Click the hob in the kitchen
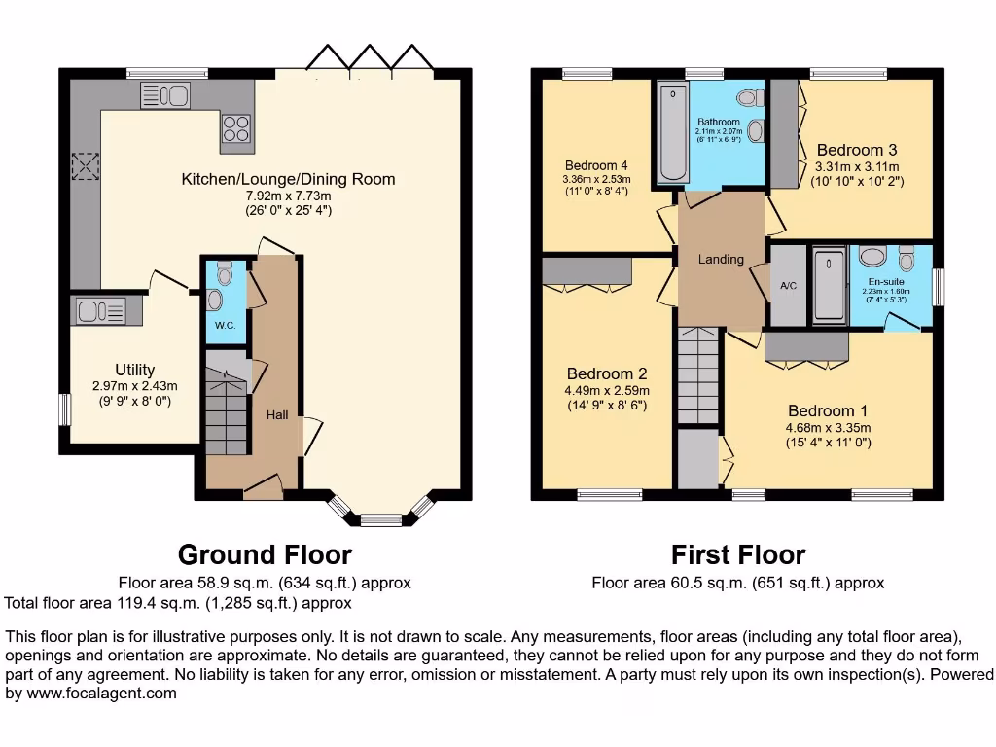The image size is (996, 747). click(235, 128)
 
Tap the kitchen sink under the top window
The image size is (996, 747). click(165, 95)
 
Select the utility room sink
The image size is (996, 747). click(95, 311)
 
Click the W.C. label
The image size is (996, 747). click(225, 325)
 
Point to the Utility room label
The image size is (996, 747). click(134, 370)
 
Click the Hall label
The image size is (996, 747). click(277, 415)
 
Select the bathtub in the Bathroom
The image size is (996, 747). click(672, 134)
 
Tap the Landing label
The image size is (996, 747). click(721, 259)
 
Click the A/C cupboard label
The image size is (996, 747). click(788, 286)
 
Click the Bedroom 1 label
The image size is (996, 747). click(828, 410)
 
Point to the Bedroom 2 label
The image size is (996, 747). click(607, 373)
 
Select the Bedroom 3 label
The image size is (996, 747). click(856, 150)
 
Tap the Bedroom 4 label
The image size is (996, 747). click(596, 165)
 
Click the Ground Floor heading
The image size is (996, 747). click(265, 555)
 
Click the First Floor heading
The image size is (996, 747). click(738, 555)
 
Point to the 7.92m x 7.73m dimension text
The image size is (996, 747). click(288, 195)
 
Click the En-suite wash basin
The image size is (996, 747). click(872, 257)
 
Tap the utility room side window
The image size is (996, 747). click(64, 409)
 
